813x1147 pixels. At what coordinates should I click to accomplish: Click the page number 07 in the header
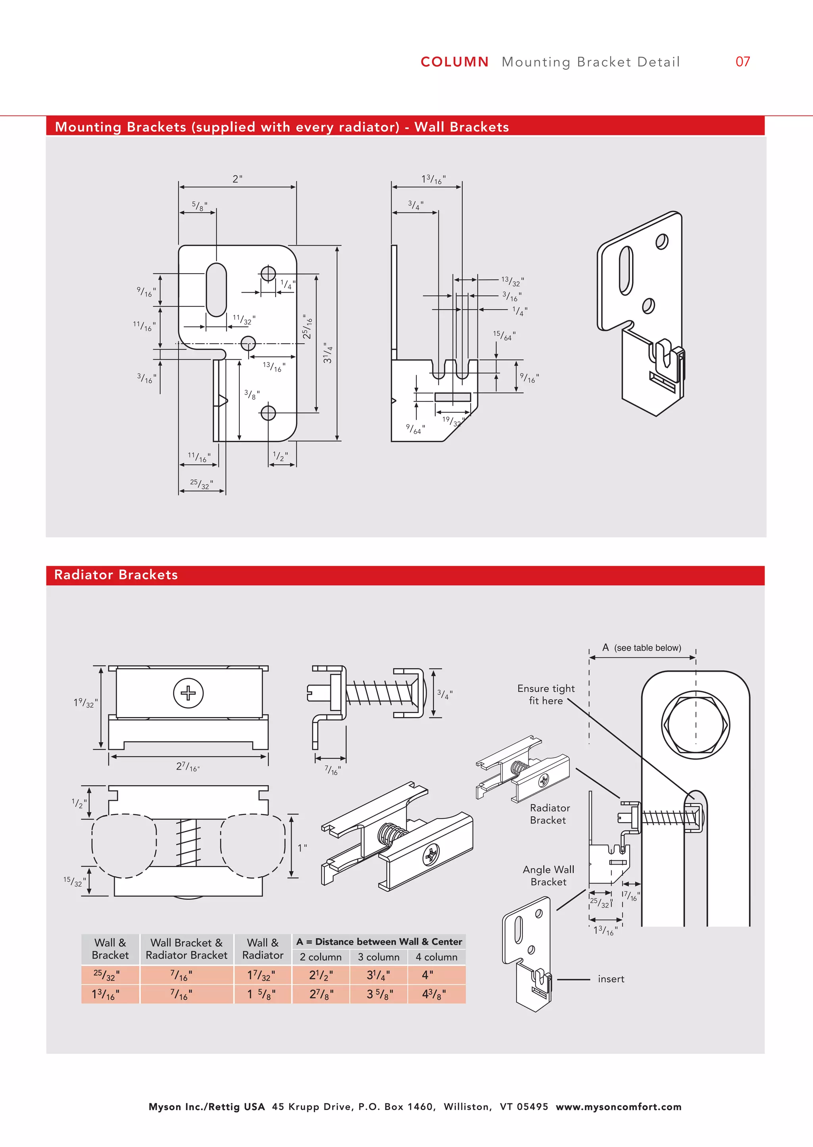[742, 62]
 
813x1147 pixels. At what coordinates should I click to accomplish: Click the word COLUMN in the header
[454, 62]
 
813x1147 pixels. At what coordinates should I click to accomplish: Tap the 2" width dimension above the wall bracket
[237, 179]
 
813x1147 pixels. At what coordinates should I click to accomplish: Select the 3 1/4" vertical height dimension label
[328, 353]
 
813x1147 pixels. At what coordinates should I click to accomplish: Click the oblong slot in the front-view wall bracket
[216, 290]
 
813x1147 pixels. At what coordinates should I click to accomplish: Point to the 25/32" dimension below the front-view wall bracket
[201, 483]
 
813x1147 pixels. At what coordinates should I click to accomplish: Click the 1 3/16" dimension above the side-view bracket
[433, 179]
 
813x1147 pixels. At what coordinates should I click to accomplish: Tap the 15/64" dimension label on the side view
[504, 335]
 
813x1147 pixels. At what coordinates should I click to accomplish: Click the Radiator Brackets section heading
[116, 575]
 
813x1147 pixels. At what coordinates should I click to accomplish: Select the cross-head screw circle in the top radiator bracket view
[188, 694]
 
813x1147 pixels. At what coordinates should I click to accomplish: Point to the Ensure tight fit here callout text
[546, 694]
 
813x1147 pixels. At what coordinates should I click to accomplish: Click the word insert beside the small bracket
[611, 979]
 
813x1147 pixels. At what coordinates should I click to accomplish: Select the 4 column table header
[436, 957]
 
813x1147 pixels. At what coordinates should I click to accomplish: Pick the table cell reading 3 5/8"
[380, 994]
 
